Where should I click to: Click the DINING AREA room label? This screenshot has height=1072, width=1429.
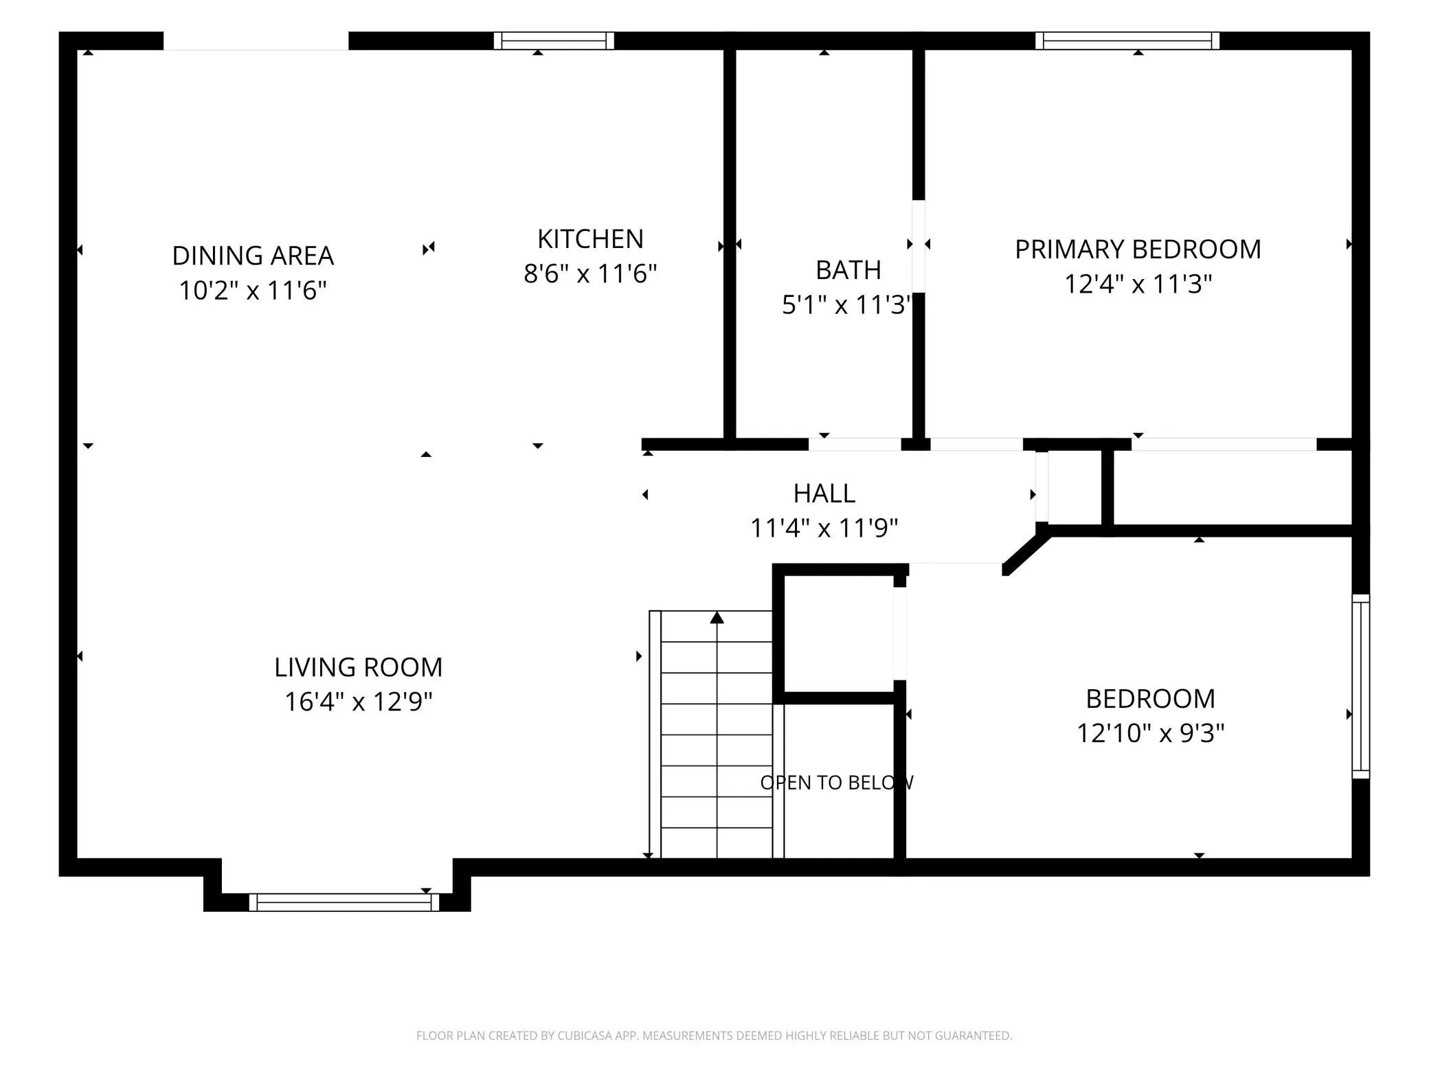pos(253,256)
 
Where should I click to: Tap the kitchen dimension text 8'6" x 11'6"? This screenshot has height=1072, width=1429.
pos(590,273)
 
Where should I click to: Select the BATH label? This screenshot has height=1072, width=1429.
pos(848,270)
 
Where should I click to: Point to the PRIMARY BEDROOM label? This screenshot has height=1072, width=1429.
pos(1138,249)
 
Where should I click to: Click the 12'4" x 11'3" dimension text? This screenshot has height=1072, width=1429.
pos(1138,284)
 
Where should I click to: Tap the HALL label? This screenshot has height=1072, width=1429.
pos(824,493)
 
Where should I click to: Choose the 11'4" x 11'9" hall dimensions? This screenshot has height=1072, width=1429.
pos(824,528)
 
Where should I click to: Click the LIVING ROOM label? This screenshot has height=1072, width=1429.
pos(358,667)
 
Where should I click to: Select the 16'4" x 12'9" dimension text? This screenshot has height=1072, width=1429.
pos(358,702)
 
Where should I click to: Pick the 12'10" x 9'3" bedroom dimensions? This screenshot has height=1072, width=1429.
pos(1150,733)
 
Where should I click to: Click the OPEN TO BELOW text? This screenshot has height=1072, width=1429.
pos(837,783)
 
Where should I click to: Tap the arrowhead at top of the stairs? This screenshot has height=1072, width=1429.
pos(717,617)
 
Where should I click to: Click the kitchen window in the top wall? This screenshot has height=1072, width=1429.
pos(554,41)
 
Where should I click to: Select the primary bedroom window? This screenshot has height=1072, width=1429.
pos(1127,41)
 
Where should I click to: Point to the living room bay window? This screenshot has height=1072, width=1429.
pos(344,902)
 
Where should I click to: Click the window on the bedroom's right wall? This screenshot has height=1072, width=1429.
pos(1361,686)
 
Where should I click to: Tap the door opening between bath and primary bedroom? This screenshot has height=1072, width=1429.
pos(919,246)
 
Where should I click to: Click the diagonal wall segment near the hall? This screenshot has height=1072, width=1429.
pos(1026,550)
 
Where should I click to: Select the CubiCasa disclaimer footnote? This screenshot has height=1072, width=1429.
pos(714,1036)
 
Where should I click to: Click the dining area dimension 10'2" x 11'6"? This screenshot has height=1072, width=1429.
pos(253,291)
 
